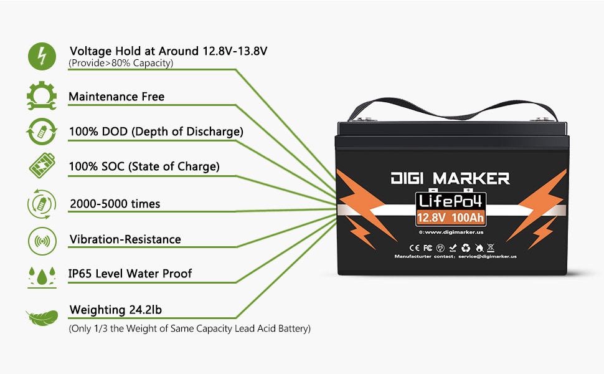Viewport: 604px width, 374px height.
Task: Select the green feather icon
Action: pyautogui.click(x=42, y=317)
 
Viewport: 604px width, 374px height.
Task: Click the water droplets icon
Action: pyautogui.click(x=42, y=276)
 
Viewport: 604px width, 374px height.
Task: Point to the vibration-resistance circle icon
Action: pyautogui.click(x=42, y=240)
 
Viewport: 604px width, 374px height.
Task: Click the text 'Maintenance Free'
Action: pyautogui.click(x=116, y=97)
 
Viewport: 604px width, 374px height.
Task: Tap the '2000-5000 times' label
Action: pyautogui.click(x=115, y=204)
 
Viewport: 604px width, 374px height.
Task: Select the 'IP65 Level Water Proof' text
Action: pyautogui.click(x=130, y=273)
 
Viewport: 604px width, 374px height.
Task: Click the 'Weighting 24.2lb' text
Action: pyautogui.click(x=116, y=310)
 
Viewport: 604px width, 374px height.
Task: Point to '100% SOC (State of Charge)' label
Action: pyautogui.click(x=144, y=166)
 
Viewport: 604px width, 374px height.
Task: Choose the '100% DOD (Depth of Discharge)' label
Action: pyautogui.click(x=156, y=132)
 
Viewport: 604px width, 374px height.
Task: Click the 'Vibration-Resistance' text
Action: pyautogui.click(x=125, y=239)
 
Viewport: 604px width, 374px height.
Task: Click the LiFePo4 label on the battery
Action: pyautogui.click(x=451, y=201)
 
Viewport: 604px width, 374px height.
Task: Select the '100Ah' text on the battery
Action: pyautogui.click(x=468, y=218)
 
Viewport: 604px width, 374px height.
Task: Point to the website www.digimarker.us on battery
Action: pyautogui.click(x=453, y=233)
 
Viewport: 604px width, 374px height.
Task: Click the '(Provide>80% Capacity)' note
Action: pyautogui.click(x=121, y=64)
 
